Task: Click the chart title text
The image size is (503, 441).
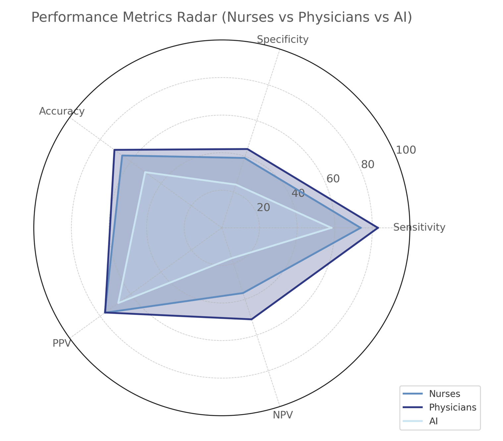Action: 221,17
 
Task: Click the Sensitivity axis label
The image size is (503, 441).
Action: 419,227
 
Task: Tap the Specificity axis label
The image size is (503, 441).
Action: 283,40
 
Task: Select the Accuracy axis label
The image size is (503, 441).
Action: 62,111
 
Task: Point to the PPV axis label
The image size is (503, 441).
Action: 62,343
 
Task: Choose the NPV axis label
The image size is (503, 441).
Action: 283,415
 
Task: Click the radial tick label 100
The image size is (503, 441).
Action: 406,150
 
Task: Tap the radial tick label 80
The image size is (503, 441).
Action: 368,164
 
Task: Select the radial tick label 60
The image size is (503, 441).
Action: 333,179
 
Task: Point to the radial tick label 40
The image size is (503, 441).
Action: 298,193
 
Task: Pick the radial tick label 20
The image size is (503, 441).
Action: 263,208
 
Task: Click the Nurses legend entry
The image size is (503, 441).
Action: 444,394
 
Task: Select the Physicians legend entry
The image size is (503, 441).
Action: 452,407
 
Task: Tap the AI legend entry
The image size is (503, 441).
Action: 433,421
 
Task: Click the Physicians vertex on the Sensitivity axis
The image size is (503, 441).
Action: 378,228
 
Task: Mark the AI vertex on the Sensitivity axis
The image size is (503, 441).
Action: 332,228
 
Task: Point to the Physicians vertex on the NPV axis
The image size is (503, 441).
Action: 251,319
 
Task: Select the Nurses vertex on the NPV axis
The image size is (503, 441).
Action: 243,293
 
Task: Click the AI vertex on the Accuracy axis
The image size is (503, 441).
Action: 145,172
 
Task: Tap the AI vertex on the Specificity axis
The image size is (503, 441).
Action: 236,184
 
